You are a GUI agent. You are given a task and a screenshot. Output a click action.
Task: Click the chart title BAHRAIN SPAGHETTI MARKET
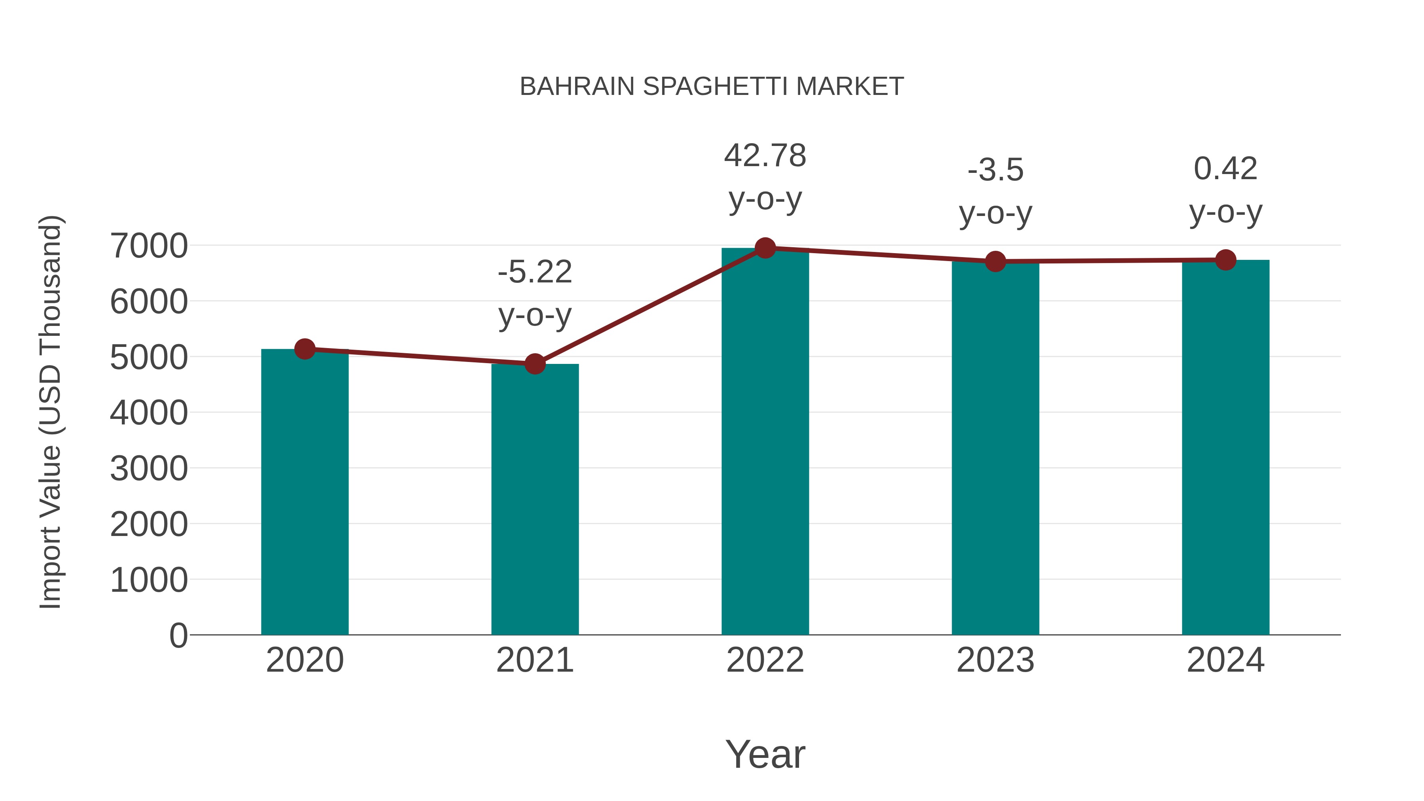pos(712,87)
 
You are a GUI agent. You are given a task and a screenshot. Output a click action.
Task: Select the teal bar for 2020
pos(305,492)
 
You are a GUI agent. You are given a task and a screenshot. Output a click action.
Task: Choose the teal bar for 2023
pos(995,448)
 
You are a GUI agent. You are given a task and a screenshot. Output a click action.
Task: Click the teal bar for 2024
pos(1225,447)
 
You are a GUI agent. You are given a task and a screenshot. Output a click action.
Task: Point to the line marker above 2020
pos(305,349)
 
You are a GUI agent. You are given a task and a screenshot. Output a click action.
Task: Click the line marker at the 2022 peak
pos(765,248)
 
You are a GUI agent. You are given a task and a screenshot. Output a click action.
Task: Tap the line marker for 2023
pos(995,261)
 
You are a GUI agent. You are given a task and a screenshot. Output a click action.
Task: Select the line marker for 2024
pos(1225,260)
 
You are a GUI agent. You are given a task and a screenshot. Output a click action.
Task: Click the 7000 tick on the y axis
pos(149,246)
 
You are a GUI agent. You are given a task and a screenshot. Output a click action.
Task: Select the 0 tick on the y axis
pos(178,635)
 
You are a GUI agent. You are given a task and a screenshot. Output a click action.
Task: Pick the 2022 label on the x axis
pos(765,660)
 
